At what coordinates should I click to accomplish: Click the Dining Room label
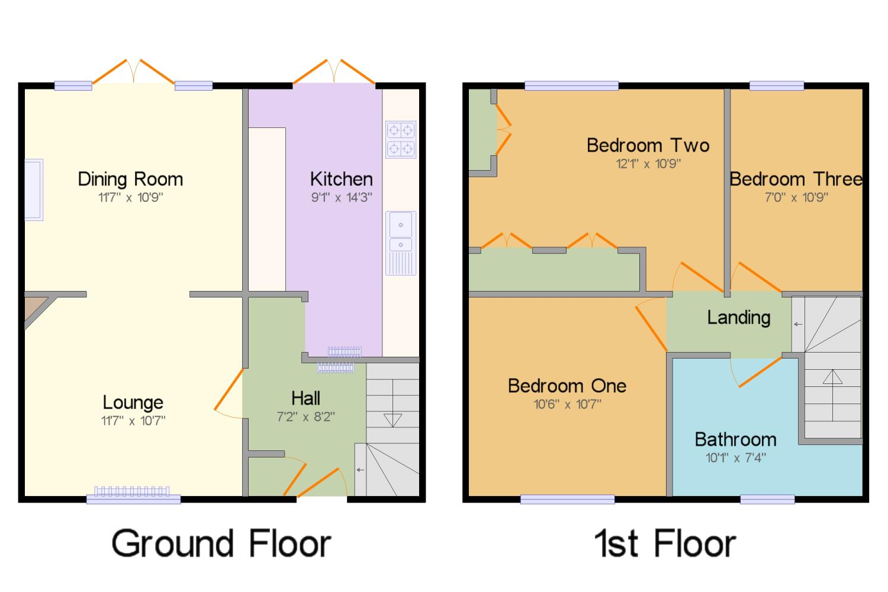point(130,179)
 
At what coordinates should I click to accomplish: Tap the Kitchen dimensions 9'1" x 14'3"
point(341,197)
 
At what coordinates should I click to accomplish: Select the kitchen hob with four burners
point(401,139)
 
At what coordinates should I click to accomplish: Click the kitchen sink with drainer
point(401,243)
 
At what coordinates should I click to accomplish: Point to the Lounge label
point(133,402)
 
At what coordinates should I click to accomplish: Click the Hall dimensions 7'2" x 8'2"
point(305,417)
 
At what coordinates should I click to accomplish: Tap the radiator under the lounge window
point(131,491)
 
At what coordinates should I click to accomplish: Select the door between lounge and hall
point(230,393)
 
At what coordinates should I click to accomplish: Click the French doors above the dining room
point(134,72)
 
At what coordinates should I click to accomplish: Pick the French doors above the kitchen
point(334,72)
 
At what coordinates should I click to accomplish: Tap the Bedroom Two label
point(648,145)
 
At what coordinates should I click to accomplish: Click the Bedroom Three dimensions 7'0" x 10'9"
point(796,197)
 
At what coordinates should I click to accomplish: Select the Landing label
point(738,318)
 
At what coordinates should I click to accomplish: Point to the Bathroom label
point(735,439)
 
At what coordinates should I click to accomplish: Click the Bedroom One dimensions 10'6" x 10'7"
point(567,404)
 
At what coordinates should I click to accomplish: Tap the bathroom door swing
point(755,372)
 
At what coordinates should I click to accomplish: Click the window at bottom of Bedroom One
point(567,500)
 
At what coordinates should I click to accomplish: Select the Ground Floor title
point(221,543)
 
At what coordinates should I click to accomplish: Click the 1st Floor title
point(665,543)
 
